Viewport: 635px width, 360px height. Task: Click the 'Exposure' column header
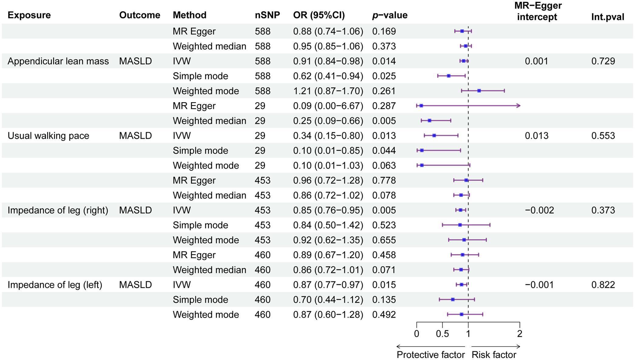[29, 15]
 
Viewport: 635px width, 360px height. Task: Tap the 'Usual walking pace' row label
[48, 136]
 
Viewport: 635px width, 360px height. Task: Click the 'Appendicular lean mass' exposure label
[58, 61]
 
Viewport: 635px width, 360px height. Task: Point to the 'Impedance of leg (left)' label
[55, 285]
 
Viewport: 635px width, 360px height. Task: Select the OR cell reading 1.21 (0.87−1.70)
[328, 91]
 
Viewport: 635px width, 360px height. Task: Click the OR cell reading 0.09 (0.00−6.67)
[328, 106]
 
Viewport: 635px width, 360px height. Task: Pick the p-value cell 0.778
[384, 180]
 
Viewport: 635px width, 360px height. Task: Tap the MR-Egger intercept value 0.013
[537, 136]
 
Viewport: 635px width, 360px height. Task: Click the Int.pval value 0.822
[603, 285]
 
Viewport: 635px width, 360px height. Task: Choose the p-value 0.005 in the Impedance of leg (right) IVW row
[384, 210]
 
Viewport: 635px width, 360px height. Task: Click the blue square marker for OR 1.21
[479, 91]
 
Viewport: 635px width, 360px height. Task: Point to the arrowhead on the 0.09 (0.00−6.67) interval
[519, 106]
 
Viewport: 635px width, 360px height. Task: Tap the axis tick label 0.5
[442, 334]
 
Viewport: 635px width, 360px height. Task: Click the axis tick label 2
[519, 334]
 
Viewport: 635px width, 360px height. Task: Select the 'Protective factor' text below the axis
[430, 355]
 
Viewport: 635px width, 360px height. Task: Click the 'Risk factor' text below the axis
[494, 355]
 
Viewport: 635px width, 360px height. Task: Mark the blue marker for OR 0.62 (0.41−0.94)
[449, 76]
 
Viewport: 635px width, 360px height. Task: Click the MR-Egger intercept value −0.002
[539, 210]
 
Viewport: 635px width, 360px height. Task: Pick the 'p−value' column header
[390, 15]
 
